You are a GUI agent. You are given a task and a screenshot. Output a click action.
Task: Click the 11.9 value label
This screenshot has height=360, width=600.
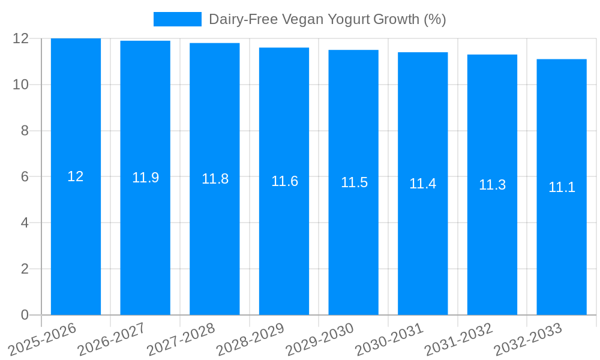pyautogui.click(x=145, y=178)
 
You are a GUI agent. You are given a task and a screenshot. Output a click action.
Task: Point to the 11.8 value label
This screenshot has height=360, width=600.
pyautogui.click(x=215, y=179)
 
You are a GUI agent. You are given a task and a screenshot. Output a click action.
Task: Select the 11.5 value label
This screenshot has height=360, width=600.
pyautogui.click(x=354, y=182)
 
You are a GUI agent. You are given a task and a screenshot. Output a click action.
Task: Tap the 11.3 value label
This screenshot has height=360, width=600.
pyautogui.click(x=492, y=185)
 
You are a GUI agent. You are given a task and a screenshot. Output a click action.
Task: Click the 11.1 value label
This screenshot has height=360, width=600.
pyautogui.click(x=562, y=187)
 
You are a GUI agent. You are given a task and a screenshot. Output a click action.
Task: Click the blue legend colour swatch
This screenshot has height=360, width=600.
pyautogui.click(x=177, y=19)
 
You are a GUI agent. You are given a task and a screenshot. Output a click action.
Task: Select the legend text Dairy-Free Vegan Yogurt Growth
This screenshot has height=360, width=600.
pyautogui.click(x=327, y=19)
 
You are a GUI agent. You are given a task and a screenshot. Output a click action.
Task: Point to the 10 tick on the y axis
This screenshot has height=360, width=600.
pyautogui.click(x=21, y=85)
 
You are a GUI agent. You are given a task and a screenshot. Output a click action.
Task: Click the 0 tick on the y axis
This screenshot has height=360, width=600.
pyautogui.click(x=25, y=315)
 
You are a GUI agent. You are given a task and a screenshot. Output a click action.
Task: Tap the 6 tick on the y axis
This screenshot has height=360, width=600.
pyautogui.click(x=25, y=177)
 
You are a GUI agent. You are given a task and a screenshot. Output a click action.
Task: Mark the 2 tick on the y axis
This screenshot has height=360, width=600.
pyautogui.click(x=25, y=269)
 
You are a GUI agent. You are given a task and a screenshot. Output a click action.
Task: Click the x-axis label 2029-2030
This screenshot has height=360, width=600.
pyautogui.click(x=320, y=340)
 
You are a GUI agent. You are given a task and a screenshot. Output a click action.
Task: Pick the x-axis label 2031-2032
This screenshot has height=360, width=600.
pyautogui.click(x=459, y=340)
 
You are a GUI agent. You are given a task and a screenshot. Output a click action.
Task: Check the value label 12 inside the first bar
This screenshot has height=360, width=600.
pyautogui.click(x=76, y=176)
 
